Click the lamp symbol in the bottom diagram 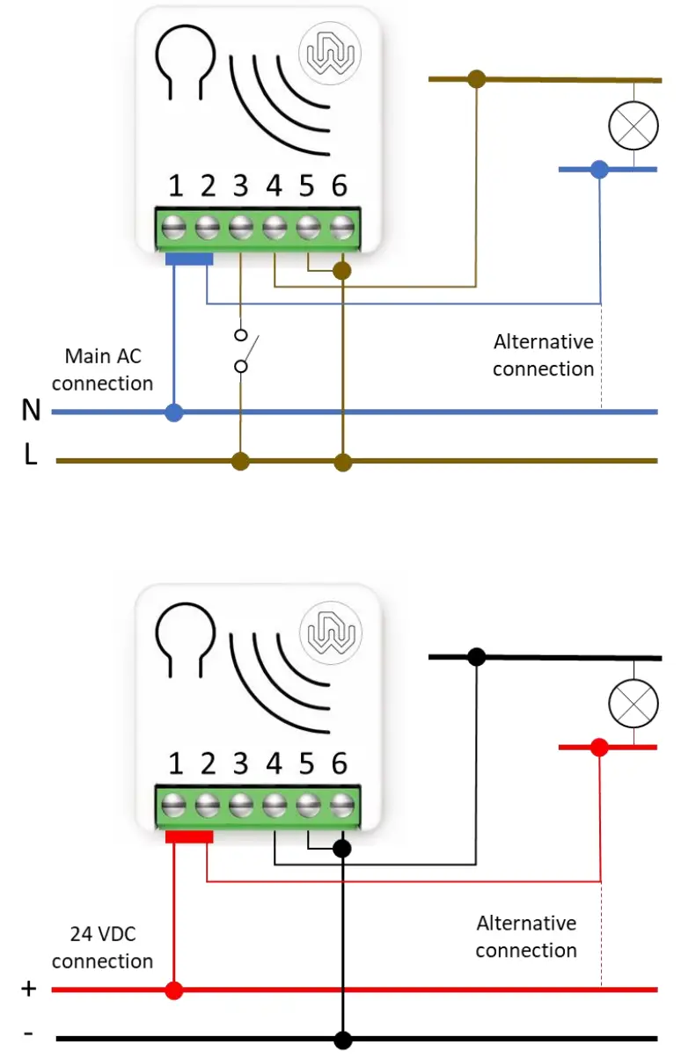633,704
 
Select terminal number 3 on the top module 240,186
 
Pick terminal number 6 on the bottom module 340,763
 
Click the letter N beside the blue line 31,410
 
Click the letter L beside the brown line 31,456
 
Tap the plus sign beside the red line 29,989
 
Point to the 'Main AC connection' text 102,369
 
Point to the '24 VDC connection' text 102,947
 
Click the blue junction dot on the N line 174,412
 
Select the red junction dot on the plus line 174,990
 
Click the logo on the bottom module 330,632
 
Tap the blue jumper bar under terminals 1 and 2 189,259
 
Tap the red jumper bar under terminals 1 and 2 189,837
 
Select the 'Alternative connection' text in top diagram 543,355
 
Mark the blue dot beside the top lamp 599,169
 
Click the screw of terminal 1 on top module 175,226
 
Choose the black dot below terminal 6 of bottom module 342,849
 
